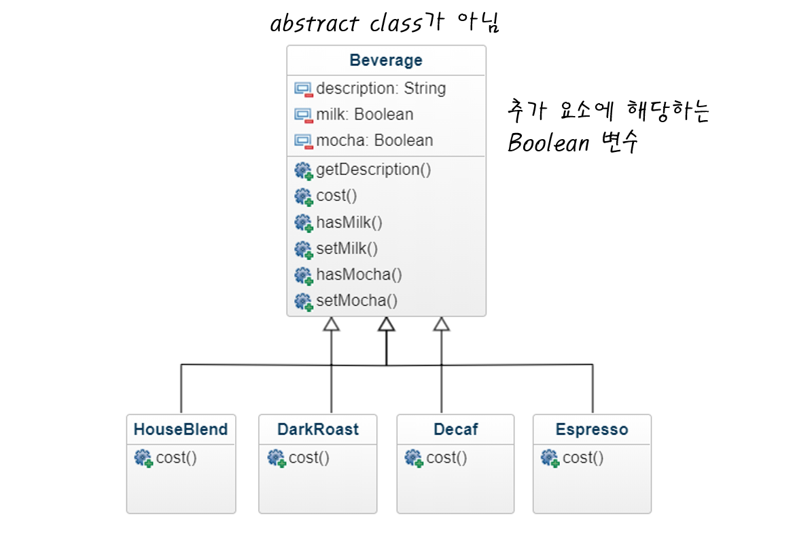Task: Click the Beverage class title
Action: pos(386,60)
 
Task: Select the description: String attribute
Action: pos(381,88)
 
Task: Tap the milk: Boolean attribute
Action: pos(364,115)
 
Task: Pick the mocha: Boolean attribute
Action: pos(374,140)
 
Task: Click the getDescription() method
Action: pos(373,170)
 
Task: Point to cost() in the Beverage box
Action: pos(336,196)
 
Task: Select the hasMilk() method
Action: pos(349,223)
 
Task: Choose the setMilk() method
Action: pos(347,248)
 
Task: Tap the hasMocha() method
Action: pos(359,275)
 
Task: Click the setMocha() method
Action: pos(357,301)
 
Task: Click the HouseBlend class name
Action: pos(181,430)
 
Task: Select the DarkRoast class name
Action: pos(318,430)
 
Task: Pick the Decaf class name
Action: pos(456,430)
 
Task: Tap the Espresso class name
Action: pos(592,430)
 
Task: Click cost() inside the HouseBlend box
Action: pos(176,458)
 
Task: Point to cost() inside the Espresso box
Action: pos(583,458)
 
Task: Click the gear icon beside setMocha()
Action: pos(304,301)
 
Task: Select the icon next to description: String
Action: pos(304,89)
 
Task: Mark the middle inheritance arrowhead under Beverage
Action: pos(387,325)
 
